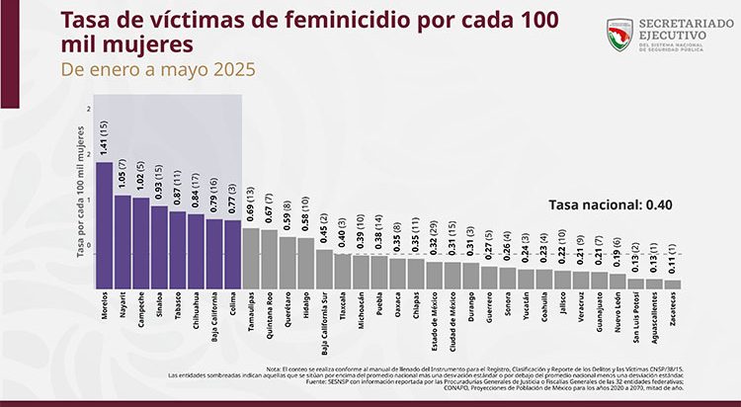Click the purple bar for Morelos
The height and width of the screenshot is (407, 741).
point(104,224)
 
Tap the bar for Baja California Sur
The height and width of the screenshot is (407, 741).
point(323,267)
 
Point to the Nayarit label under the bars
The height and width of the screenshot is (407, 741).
point(122,305)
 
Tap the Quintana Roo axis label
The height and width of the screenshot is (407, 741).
point(270,313)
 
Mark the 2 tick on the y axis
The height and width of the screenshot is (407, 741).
point(89,109)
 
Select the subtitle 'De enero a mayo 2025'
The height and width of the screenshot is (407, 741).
point(157,71)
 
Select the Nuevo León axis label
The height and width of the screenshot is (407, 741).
point(618,312)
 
